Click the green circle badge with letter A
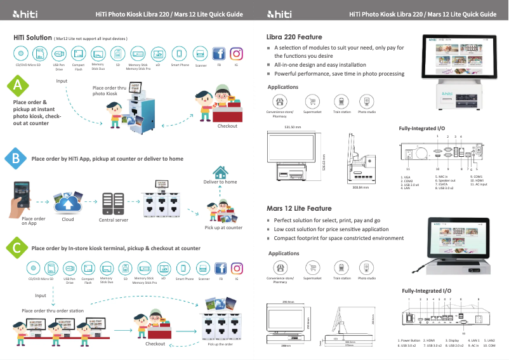[x=18, y=85]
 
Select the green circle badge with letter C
[x=18, y=248]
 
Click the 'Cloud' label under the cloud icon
[x=67, y=220]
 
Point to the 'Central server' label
[x=114, y=220]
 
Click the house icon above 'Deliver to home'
[x=220, y=172]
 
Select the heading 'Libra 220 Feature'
[x=294, y=37]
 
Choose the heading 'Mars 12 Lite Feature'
[x=298, y=208]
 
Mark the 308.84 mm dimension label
[x=360, y=188]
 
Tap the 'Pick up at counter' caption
[x=223, y=227]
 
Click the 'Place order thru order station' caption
[x=53, y=310]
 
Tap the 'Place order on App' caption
[x=34, y=221]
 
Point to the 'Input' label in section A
[x=62, y=81]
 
